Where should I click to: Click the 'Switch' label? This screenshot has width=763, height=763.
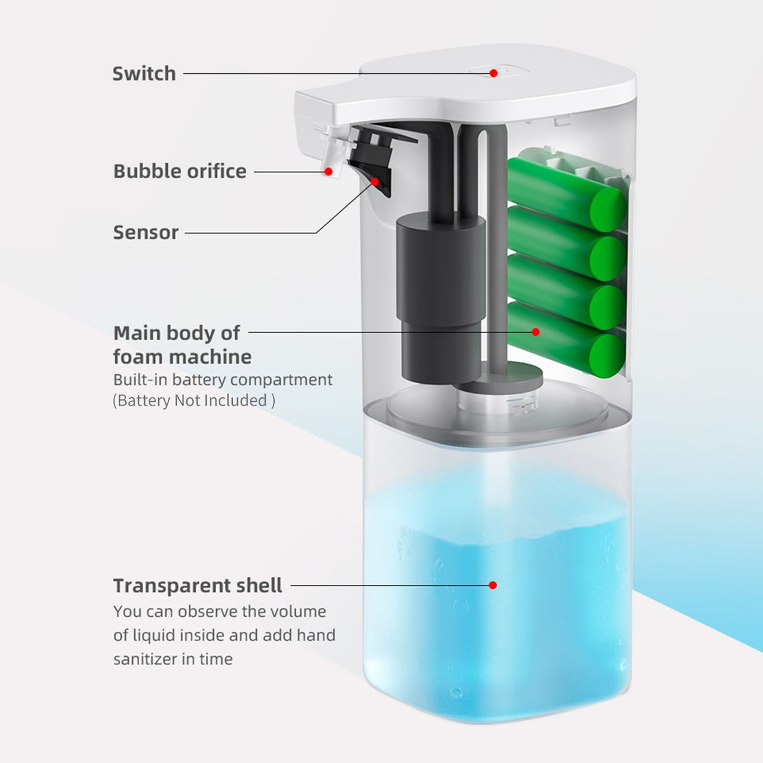pyautogui.click(x=144, y=74)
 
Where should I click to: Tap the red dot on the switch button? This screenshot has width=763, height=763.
pyautogui.click(x=493, y=73)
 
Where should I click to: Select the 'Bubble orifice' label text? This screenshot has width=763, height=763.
pyautogui.click(x=180, y=172)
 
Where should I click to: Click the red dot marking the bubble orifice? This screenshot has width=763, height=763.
pyautogui.click(x=328, y=172)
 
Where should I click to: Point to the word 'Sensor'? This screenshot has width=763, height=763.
pyautogui.click(x=146, y=233)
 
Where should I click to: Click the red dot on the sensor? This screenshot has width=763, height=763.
pyautogui.click(x=375, y=182)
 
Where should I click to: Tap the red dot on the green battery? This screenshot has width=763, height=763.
pyautogui.click(x=536, y=332)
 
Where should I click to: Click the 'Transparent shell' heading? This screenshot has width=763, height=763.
pyautogui.click(x=198, y=585)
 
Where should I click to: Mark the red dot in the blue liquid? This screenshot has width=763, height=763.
pyautogui.click(x=493, y=585)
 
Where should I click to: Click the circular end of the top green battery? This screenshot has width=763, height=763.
pyautogui.click(x=608, y=209)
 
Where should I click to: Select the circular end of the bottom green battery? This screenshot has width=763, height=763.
pyautogui.click(x=607, y=356)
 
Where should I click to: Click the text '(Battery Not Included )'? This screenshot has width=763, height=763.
pyautogui.click(x=194, y=401)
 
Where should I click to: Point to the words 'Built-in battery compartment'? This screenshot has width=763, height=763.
pyautogui.click(x=223, y=380)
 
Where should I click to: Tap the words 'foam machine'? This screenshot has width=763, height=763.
pyautogui.click(x=182, y=357)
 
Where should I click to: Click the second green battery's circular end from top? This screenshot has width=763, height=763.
pyautogui.click(x=608, y=259)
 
